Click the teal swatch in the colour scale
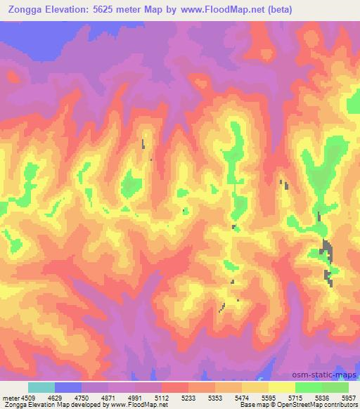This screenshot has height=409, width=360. [41, 387]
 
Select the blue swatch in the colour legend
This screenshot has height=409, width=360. [68, 387]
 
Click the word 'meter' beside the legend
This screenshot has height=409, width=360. [8, 397]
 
